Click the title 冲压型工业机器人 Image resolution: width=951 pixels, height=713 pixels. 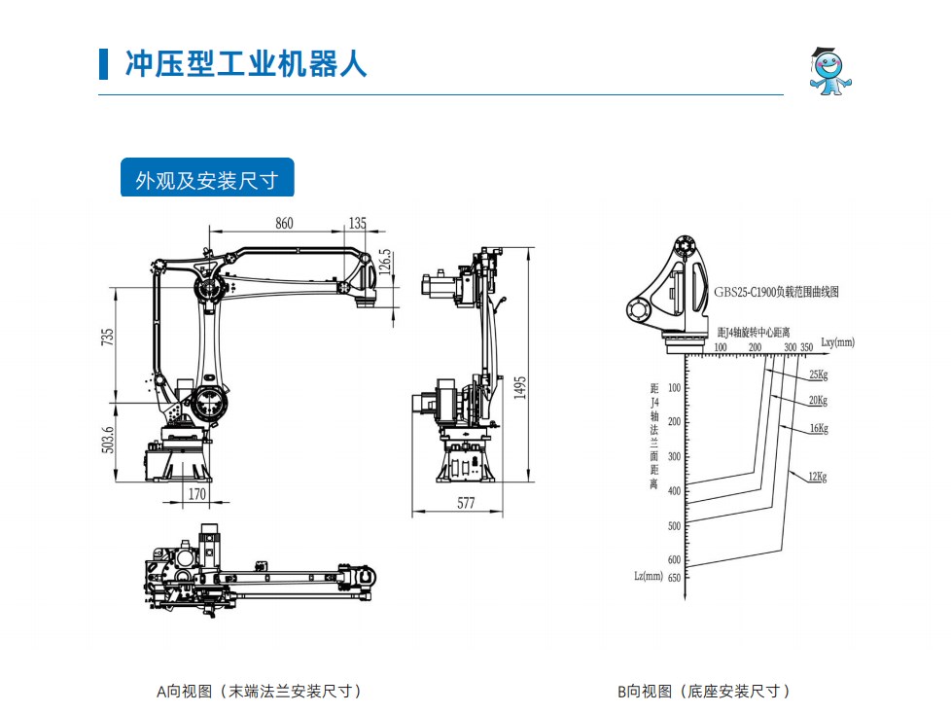click(x=246, y=63)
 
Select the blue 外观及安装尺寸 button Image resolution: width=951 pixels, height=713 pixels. click(x=206, y=180)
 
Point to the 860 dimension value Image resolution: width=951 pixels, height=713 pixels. click(x=284, y=223)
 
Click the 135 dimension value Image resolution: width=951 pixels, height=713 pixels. click(x=358, y=223)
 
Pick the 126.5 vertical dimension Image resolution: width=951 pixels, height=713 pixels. click(x=384, y=264)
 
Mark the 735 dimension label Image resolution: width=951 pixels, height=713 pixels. click(x=108, y=335)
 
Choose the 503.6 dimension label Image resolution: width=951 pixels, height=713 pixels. click(x=108, y=440)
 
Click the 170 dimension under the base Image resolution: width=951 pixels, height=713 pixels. click(x=196, y=494)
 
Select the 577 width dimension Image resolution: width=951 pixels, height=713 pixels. click(x=466, y=504)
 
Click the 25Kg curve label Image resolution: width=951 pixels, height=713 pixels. click(x=818, y=374)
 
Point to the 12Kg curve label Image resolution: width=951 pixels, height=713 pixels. click(x=816, y=477)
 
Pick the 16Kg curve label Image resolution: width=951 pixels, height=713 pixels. click(x=818, y=428)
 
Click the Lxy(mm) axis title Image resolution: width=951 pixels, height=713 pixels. click(x=837, y=342)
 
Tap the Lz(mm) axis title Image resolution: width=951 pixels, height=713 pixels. click(x=648, y=576)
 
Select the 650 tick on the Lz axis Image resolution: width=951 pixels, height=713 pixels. click(x=674, y=577)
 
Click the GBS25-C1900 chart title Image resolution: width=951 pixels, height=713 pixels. click(x=775, y=291)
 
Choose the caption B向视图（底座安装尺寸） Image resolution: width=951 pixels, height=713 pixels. click(x=703, y=692)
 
